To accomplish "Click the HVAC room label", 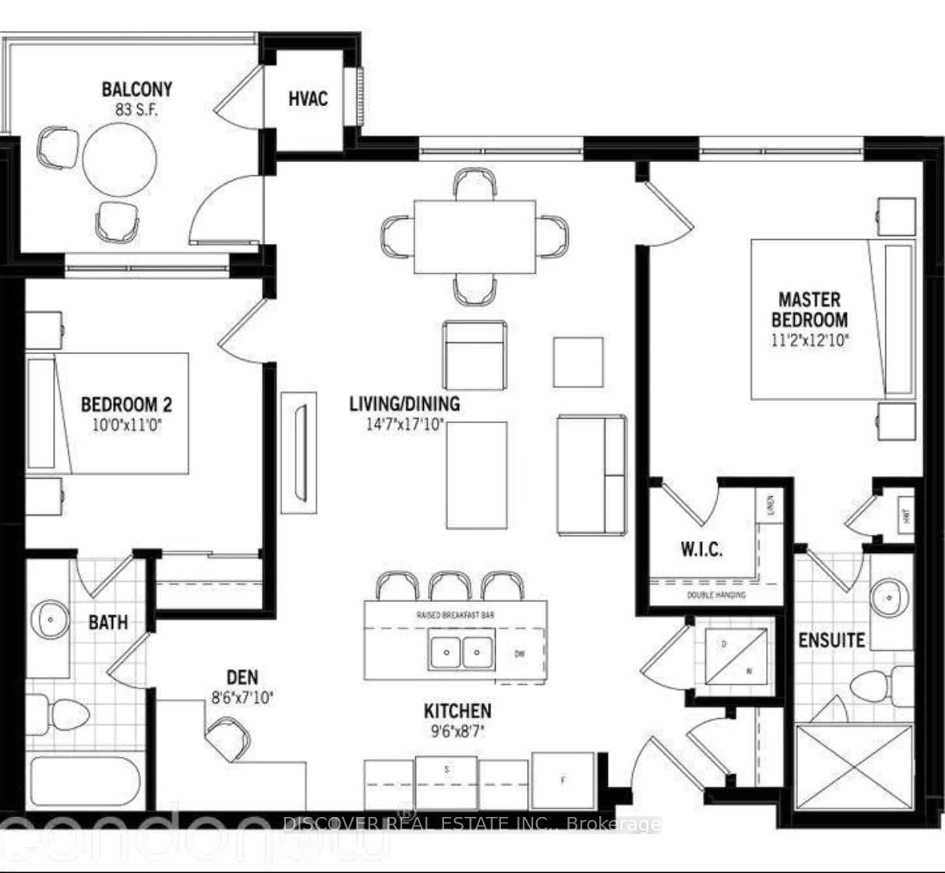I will pos(308,99).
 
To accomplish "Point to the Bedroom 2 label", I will pos(127,405).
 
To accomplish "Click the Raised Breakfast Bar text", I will pos(456,615).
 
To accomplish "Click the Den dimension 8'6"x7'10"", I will pos(242,698).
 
